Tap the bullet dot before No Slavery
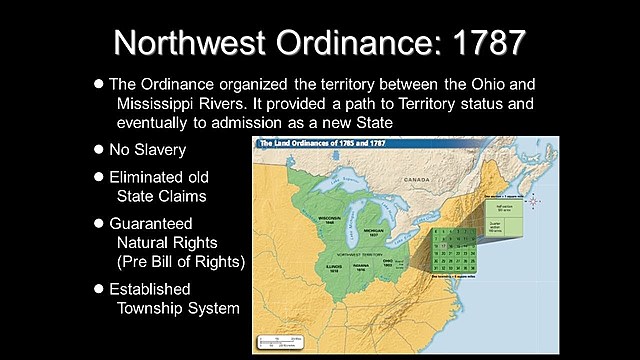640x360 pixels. (98, 149)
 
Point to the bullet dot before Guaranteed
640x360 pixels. (98, 223)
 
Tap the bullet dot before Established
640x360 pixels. (98, 288)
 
